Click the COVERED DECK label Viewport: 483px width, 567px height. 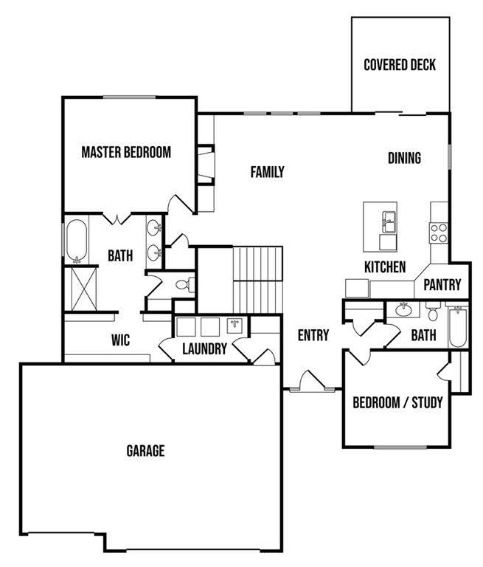(400, 65)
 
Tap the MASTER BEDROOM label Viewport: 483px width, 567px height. (126, 153)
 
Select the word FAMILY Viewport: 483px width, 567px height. (268, 172)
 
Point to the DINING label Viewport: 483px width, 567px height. (404, 158)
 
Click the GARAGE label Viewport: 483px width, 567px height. (145, 450)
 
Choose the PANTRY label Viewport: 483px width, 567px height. (442, 284)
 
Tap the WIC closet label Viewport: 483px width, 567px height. (121, 340)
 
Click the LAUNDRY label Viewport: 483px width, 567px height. (204, 348)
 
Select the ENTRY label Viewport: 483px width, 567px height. (313, 335)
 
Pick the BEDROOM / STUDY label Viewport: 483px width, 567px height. (397, 402)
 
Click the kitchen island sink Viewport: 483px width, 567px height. (387, 219)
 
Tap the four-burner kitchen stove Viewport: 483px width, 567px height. (439, 233)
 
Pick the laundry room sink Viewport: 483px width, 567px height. (235, 326)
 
